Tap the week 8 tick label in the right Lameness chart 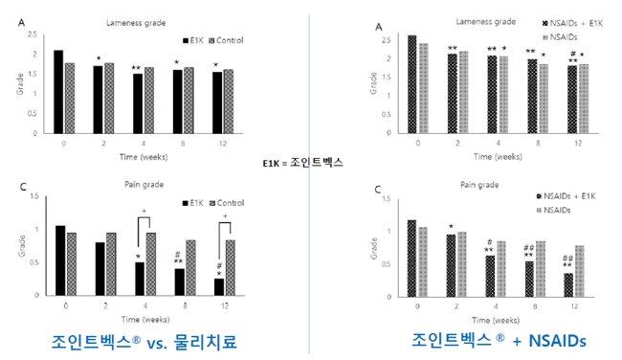tap(536, 142)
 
